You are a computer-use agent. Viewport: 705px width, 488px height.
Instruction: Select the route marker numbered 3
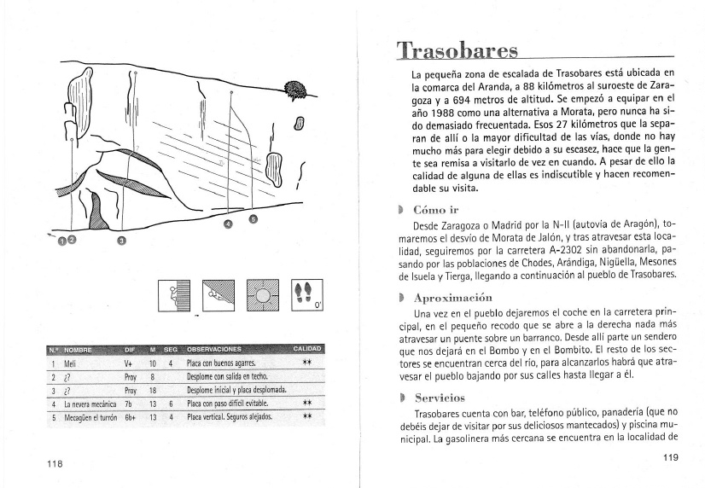pos(121,241)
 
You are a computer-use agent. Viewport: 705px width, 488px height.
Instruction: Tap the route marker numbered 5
pos(252,219)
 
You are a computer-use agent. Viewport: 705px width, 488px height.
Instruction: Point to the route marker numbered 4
pos(227,225)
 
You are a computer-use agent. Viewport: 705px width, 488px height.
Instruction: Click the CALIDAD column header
pos(306,349)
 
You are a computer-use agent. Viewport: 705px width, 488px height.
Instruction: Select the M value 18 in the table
pos(153,389)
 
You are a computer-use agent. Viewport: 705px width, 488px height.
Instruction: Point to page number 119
pos(670,457)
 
